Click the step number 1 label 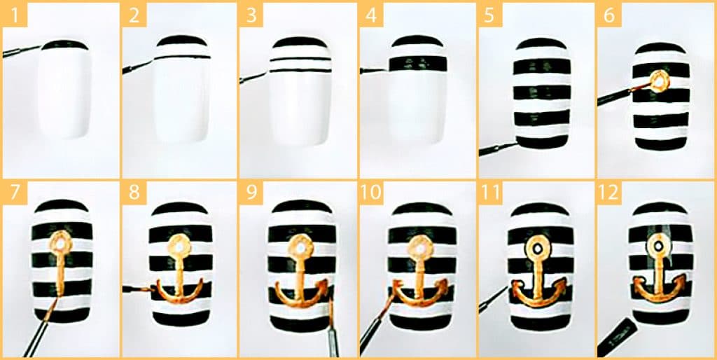14,15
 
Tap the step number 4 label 371,15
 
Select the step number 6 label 609,15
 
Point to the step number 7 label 14,192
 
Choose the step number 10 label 371,192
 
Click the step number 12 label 609,192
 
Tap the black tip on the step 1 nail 64,44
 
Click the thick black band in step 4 417,64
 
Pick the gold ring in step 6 660,81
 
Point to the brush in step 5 499,148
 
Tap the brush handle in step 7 40,328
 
